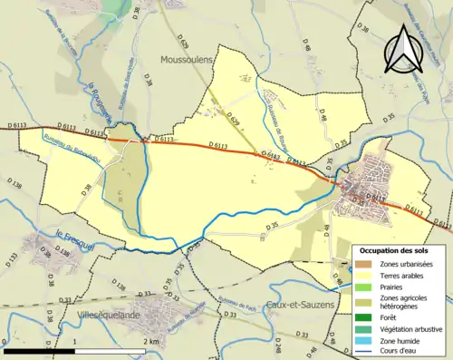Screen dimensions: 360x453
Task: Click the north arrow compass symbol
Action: [400, 49]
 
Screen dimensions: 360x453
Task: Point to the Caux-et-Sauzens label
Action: [302, 306]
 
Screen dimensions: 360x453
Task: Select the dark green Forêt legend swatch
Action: [365, 317]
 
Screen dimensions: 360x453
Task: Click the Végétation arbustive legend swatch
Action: [365, 329]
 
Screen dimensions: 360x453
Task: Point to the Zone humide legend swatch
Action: [365, 341]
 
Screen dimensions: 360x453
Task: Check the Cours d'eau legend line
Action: [365, 352]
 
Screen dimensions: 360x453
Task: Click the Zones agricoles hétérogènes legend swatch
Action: [365, 302]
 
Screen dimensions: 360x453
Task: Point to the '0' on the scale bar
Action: [5, 342]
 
